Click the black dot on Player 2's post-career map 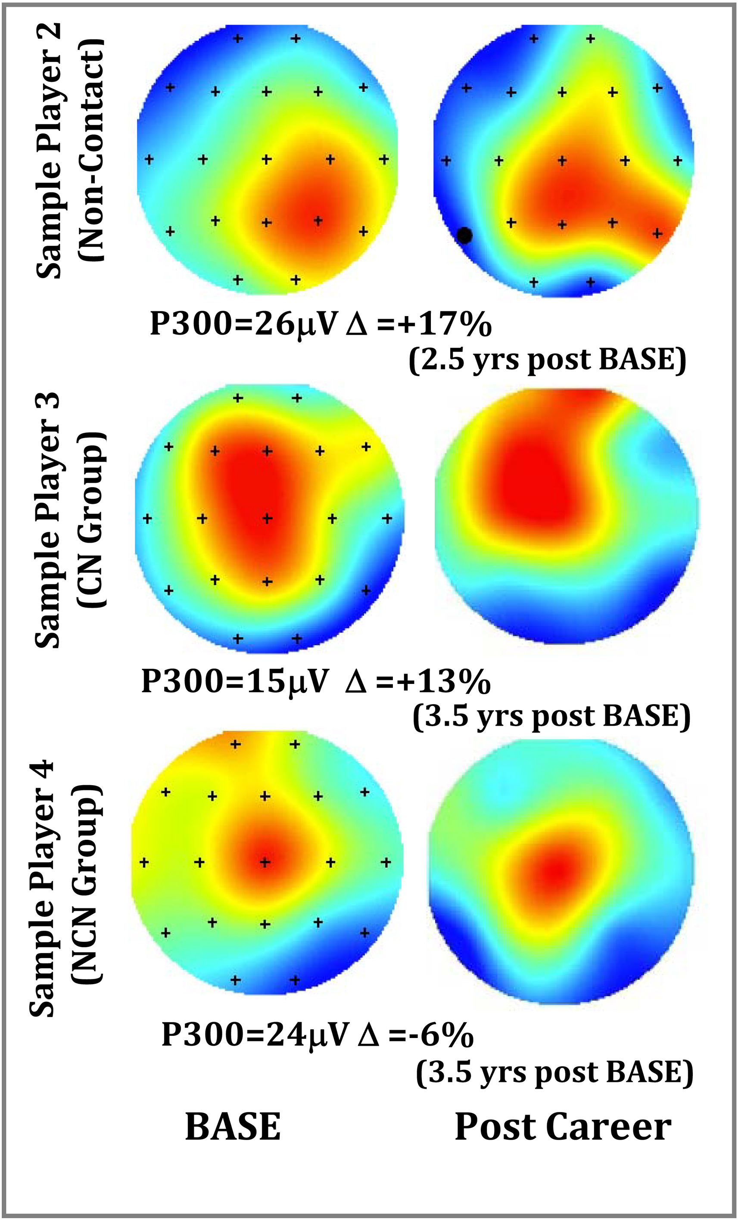pyautogui.click(x=464, y=236)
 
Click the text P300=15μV pyautogui.click(x=235, y=681)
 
